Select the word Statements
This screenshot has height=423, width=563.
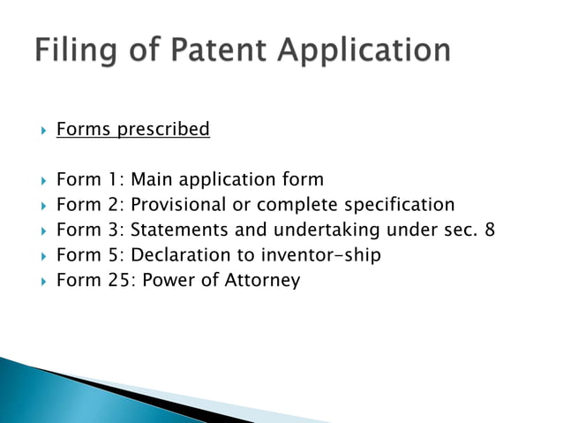pyautogui.click(x=178, y=230)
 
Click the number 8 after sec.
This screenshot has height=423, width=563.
pyautogui.click(x=489, y=230)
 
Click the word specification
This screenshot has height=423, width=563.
pyautogui.click(x=399, y=206)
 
